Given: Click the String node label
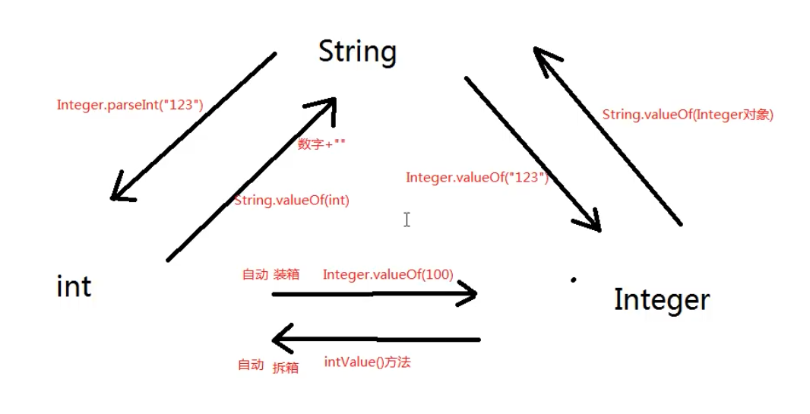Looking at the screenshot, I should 357,52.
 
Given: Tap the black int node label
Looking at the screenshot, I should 74,286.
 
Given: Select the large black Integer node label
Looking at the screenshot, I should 661,299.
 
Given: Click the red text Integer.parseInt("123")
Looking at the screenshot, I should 130,105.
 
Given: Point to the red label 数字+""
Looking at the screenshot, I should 321,144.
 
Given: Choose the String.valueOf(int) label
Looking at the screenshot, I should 291,201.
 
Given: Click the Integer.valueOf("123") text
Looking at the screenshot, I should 476,177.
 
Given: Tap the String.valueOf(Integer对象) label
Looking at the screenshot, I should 687,115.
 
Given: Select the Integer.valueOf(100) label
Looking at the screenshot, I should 388,274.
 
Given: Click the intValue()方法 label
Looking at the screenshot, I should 367,362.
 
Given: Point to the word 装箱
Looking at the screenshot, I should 286,275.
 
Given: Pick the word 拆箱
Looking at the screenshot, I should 285,368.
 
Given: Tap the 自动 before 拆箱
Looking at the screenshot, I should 250,365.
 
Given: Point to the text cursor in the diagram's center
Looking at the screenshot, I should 407,220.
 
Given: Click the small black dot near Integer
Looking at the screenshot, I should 573,280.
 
